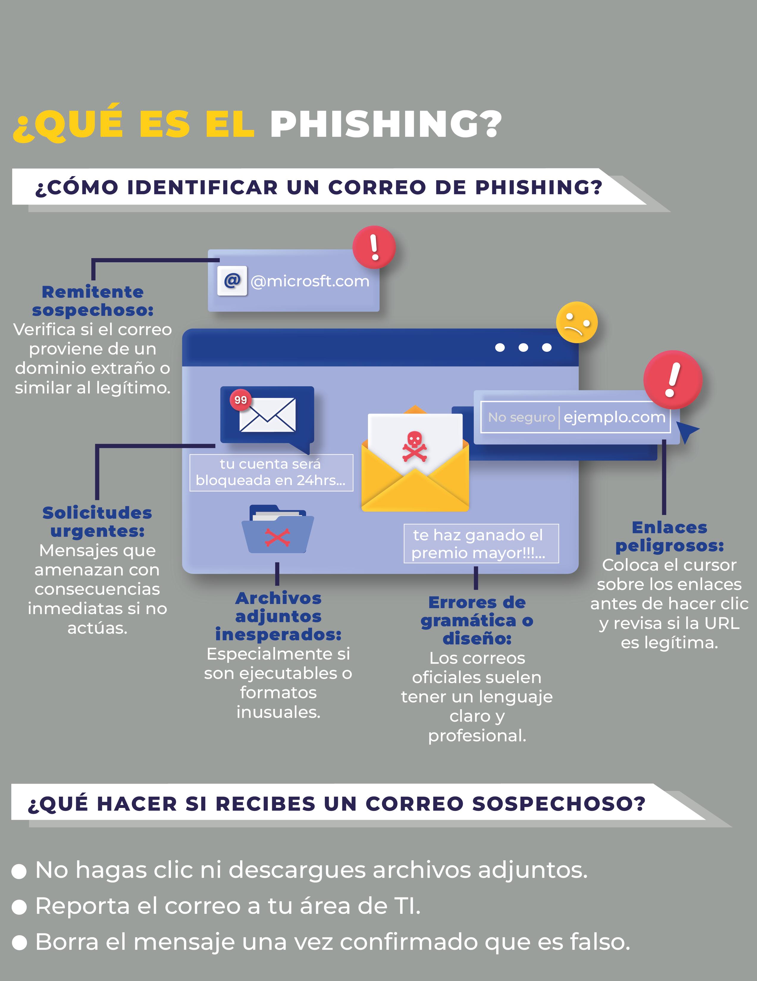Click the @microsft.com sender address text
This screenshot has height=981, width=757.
click(310, 281)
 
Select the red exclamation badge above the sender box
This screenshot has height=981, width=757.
click(374, 247)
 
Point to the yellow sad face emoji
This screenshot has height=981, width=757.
click(577, 323)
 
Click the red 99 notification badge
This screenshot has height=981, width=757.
click(241, 400)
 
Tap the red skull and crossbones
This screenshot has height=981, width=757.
click(414, 446)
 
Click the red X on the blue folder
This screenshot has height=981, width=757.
click(277, 537)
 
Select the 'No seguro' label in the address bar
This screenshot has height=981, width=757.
click(521, 417)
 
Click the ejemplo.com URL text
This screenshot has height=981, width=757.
click(614, 417)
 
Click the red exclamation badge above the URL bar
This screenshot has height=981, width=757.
click(673, 379)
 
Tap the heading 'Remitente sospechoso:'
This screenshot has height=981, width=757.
click(93, 301)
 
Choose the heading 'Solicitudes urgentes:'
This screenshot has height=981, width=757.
click(97, 522)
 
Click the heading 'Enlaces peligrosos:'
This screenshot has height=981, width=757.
click(669, 536)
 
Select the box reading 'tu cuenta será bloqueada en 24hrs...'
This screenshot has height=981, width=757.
click(271, 473)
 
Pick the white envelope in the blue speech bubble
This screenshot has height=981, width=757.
click(268, 415)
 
